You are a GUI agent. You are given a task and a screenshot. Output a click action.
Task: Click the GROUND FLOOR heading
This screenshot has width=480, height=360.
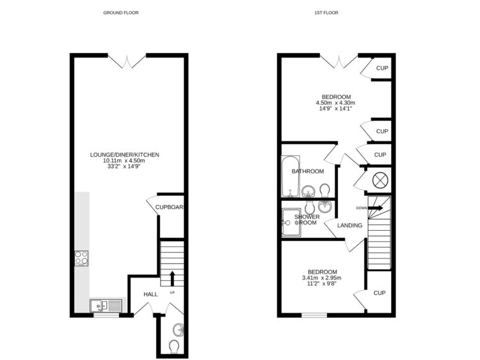[120, 13]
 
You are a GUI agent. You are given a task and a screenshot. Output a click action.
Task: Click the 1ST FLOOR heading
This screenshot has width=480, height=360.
[326, 13]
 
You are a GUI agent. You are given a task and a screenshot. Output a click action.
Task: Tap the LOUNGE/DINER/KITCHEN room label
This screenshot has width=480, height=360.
[125, 155]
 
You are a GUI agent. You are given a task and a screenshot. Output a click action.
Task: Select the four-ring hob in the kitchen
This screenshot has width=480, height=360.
[82, 258]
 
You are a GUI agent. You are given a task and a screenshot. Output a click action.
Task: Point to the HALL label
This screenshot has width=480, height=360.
[150, 294]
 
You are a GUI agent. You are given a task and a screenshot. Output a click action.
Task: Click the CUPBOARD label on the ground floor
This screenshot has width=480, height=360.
[170, 207]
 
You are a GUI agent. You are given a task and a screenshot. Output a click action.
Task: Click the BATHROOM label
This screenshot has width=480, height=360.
[308, 171]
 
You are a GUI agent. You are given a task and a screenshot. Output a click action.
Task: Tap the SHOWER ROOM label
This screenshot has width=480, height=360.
[307, 220]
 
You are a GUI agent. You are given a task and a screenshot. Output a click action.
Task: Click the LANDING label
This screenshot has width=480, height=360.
[349, 226]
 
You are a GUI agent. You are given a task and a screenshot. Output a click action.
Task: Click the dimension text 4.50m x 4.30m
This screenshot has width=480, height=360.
[335, 102]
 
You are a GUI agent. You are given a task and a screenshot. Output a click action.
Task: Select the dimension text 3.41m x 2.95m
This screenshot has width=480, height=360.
[321, 278]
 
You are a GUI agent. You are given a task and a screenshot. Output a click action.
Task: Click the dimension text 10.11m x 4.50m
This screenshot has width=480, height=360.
[125, 161]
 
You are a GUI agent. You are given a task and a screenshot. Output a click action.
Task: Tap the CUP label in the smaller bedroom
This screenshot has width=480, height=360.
[380, 293]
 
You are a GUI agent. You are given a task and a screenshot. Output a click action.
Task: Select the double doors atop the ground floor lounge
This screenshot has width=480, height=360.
[129, 61]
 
